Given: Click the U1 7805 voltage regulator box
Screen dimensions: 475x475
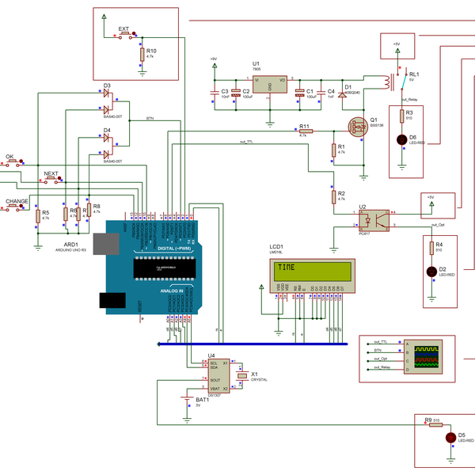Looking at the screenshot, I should pos(269,86).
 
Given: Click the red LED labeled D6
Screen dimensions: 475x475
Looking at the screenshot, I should pos(402,139).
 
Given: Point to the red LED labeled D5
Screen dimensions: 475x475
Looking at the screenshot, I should pos(450,437).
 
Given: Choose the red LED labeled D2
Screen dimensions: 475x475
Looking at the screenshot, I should pos(431,271).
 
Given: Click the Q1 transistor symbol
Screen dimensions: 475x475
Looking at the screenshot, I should pos(357,127).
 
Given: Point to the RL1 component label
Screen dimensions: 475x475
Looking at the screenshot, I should pos(414,74).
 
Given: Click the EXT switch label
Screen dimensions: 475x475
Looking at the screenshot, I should pos(123,28).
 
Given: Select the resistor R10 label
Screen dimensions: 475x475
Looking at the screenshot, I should pos(151,50).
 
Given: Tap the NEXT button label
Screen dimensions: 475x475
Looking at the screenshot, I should pos(51,173).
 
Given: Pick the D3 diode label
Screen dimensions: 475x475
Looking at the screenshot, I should pos(107,85).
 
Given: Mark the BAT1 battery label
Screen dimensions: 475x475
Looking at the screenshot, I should pos(202,400).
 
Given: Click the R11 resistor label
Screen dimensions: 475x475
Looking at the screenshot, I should pos(304,126).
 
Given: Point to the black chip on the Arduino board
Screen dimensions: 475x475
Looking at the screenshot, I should pos(165,268).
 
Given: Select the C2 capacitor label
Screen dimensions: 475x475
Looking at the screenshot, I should pos(246,91).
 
